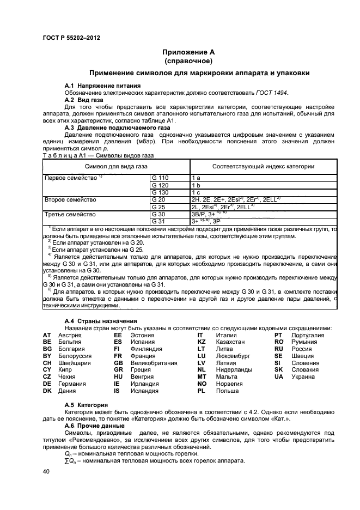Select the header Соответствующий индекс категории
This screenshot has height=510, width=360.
[x=263, y=166]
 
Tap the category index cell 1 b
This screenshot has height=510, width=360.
[x=197, y=185]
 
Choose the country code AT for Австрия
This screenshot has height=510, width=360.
[x=46, y=335]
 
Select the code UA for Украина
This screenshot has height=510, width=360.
[x=279, y=377]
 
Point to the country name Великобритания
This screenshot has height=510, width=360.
[x=155, y=362]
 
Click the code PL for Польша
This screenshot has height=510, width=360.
[x=201, y=391]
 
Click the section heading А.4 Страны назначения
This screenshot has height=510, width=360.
[x=101, y=321]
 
